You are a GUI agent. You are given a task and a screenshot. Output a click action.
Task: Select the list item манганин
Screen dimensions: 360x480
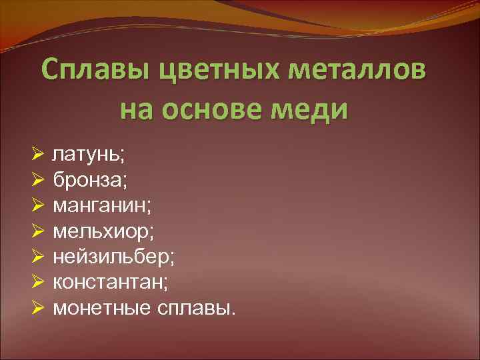tap(102, 206)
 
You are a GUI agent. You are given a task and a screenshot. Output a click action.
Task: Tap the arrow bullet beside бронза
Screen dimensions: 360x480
tap(37, 181)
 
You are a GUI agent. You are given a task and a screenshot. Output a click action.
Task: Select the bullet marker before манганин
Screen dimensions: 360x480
tap(37, 206)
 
